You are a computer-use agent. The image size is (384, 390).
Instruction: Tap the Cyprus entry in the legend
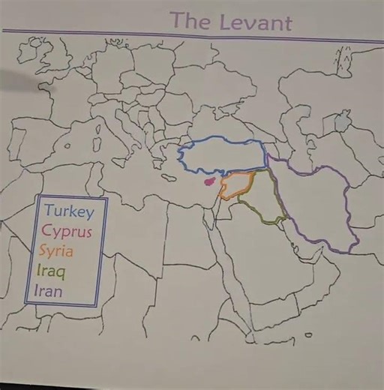coord(67,231)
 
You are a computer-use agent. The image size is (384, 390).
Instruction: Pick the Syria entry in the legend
coord(61,250)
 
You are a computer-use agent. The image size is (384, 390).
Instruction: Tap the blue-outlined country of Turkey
coord(222,156)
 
